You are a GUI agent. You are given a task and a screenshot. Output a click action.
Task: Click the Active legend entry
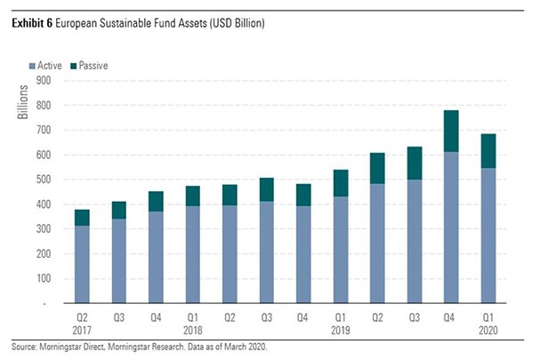[x=50, y=66]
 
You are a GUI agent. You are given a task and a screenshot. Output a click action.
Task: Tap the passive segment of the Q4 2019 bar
[x=451, y=131]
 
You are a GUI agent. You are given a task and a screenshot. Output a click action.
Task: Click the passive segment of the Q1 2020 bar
[x=488, y=151]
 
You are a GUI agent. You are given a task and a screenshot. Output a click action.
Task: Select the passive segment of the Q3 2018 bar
[x=267, y=189]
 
